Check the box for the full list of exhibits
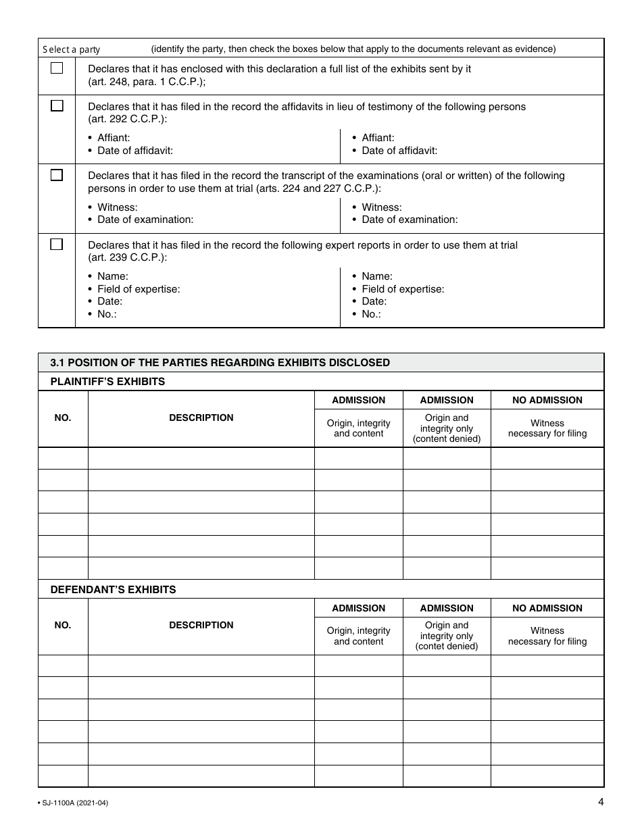pos(57,68)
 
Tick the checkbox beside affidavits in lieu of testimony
pos(57,106)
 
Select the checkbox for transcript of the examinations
pos(57,175)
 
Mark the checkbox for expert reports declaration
pos(57,245)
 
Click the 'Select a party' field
pos(72,49)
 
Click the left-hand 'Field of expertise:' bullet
pos(139,289)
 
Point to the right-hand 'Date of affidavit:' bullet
pos(399,151)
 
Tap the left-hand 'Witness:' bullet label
pos(117,207)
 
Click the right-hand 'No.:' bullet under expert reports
pos(371,314)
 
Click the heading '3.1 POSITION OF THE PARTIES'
pos(220,363)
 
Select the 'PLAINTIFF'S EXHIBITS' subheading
pos(107,382)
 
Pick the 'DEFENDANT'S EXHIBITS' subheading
pos(113,590)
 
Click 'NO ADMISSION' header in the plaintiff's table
pos(547,400)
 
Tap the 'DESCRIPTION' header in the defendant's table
pos(201,626)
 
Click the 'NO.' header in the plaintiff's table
pos(62,418)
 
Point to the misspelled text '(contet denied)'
pos(446,647)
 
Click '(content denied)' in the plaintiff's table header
pos(446,439)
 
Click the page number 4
pos(600,803)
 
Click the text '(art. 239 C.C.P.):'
pos(128,257)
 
